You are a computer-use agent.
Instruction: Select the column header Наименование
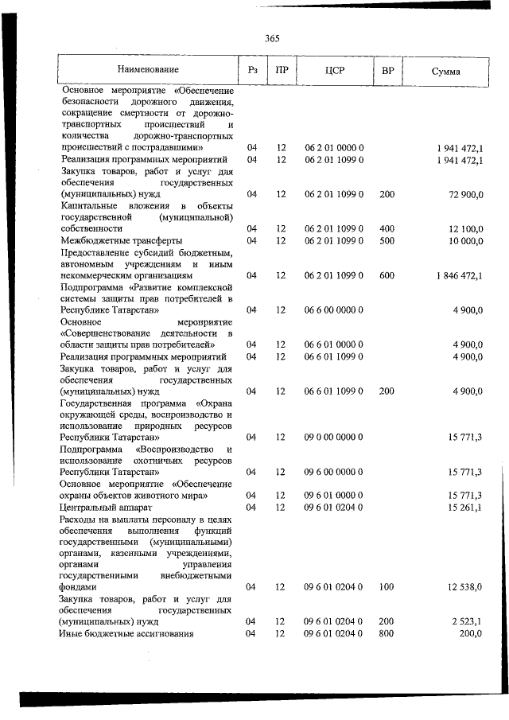[148, 71]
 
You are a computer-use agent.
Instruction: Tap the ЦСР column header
[334, 71]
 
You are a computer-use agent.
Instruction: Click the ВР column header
[387, 71]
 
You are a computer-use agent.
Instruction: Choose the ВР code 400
[387, 228]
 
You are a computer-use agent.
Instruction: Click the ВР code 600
[387, 275]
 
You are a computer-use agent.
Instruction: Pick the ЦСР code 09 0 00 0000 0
[334, 438]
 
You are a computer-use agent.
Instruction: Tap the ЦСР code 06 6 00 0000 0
[334, 310]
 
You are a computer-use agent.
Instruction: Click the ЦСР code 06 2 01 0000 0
[334, 148]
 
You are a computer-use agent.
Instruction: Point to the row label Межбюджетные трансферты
[121, 240]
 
